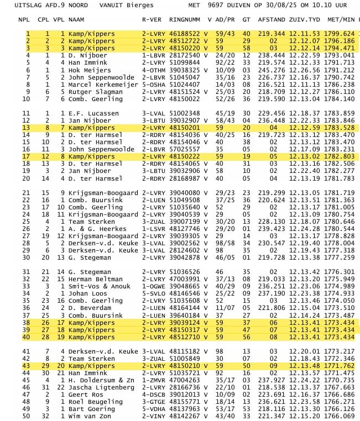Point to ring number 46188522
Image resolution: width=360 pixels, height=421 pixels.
coord(185,34)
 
